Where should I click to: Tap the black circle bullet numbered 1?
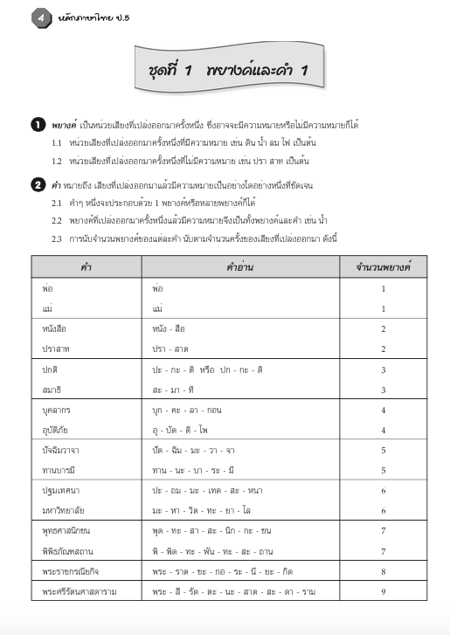38,125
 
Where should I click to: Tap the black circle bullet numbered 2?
38,183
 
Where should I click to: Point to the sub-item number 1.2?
56,162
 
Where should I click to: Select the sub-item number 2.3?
56,238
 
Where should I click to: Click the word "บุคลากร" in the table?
59,409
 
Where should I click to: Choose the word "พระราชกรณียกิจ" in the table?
72,571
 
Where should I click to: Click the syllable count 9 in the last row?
383,591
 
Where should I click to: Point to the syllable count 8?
383,571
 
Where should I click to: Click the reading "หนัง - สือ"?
172,328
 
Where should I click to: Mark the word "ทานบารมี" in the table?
59,470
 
